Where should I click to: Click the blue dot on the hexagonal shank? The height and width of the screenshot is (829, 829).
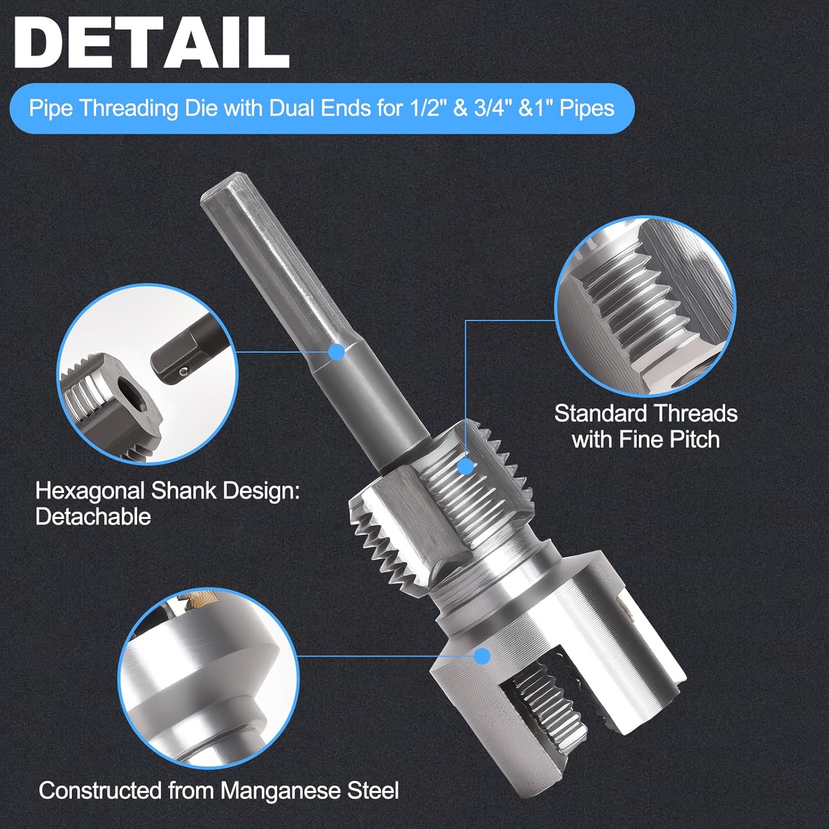336,351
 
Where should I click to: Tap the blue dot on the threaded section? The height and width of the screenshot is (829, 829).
466,466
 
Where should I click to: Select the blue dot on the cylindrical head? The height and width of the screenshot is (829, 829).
482,656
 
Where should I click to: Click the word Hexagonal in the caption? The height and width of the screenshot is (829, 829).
90,491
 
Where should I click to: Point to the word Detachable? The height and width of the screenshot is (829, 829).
93,517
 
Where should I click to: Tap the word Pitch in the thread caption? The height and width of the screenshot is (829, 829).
694,440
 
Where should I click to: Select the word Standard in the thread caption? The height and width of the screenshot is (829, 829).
600,413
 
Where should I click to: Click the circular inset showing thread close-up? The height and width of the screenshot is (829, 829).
645,306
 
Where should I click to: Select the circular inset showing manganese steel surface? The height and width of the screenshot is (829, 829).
208,677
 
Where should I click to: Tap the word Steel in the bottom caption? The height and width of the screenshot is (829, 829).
372,790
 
